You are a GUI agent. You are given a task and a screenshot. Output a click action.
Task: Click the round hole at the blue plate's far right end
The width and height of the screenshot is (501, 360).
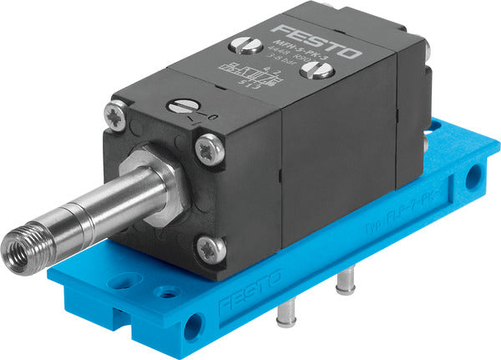click(473, 175)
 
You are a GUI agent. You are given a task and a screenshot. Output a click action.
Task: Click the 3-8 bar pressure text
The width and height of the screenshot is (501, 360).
click(231, 61)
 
